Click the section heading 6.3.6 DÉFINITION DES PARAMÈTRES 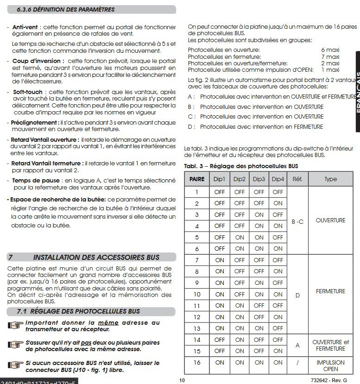pos(65,10)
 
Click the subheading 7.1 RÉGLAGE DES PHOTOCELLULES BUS pos(78,311)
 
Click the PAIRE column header pos(196,179)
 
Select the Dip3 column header pos(259,179)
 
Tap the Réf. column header pos(297,179)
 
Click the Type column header pos(330,179)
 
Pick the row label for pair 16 pos(196,363)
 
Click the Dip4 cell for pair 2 pos(278,203)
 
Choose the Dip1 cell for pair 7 pos(220,260)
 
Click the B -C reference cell pos(297,221)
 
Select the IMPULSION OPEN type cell pos(330,366)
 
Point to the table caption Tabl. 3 pos(240,166)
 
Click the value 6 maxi pos(330,50)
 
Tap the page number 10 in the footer pos(182,380)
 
